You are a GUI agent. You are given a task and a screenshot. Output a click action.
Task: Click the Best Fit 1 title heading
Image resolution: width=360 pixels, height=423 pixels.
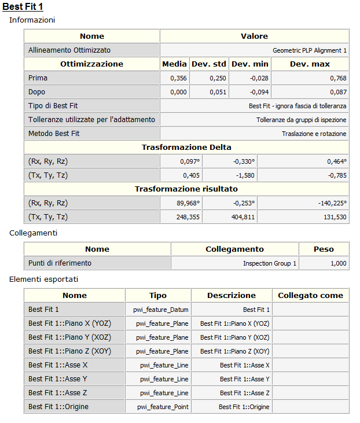(x=23, y=6)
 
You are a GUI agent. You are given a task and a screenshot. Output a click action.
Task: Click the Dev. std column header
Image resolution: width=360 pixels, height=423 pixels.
(x=210, y=64)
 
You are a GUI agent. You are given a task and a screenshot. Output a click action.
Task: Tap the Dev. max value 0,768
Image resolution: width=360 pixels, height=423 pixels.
(x=338, y=78)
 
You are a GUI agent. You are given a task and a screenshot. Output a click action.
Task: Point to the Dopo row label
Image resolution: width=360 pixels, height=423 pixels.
(x=36, y=92)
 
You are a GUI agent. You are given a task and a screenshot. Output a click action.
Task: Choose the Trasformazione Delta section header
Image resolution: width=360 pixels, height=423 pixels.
(x=186, y=148)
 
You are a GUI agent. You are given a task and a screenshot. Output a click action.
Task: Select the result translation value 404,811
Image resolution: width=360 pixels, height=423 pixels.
(x=242, y=217)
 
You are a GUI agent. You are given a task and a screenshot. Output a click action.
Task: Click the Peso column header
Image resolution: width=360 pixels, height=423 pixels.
(x=324, y=249)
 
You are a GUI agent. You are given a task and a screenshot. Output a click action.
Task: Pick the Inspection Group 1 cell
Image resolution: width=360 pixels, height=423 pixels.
(x=270, y=263)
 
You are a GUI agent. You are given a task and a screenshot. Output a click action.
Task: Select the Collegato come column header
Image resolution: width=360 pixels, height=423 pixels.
(x=310, y=296)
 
